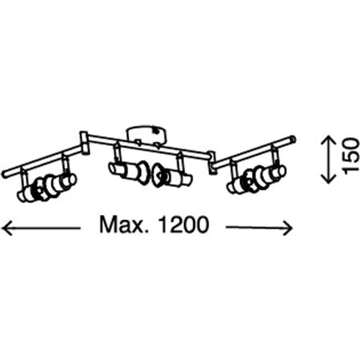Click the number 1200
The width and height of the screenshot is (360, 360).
[184, 225]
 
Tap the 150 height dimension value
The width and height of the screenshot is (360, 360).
[350, 156]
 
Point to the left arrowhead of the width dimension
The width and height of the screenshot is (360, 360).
[6, 228]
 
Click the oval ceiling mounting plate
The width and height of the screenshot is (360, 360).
[147, 135]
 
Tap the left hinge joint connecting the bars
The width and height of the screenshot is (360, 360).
[84, 143]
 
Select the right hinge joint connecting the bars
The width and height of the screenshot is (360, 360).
[212, 162]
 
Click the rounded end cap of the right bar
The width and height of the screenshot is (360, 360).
[293, 139]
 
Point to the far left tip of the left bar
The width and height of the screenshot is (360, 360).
[2, 174]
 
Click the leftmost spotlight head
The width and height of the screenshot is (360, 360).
[46, 187]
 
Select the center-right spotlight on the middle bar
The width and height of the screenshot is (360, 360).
[172, 176]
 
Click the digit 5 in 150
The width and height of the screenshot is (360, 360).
[350, 156]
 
